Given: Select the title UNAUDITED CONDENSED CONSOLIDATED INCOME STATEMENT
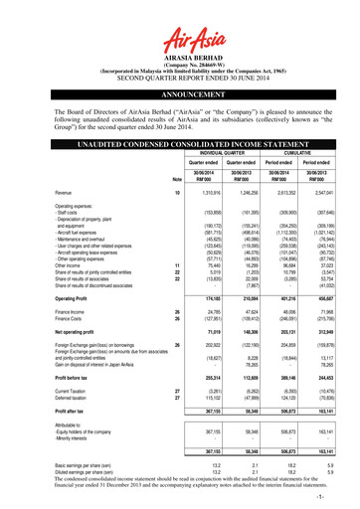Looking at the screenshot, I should click(180, 144).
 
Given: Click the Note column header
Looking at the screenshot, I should click(151, 177).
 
